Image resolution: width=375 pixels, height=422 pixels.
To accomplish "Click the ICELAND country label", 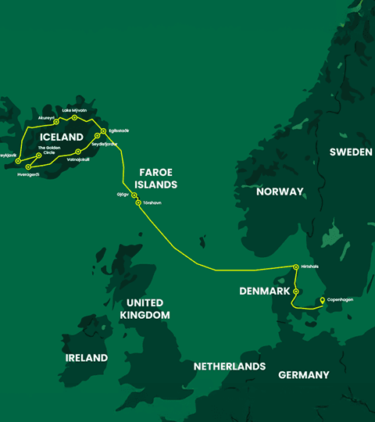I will [61, 137].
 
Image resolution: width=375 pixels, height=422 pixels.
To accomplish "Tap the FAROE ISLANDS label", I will [158, 177].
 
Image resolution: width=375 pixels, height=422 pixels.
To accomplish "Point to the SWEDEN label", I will [350, 152].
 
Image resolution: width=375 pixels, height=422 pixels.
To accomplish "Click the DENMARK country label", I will [266, 291].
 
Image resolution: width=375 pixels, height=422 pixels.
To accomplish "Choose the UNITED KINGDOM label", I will [145, 309].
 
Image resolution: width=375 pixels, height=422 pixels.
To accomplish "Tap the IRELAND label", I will [86, 358].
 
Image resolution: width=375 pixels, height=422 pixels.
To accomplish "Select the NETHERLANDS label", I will [230, 367].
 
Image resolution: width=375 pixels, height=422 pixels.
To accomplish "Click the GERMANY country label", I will [304, 375].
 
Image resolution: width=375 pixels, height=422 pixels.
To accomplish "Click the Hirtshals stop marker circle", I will [295, 267].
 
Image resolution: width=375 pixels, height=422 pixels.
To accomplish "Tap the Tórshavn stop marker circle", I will [138, 203].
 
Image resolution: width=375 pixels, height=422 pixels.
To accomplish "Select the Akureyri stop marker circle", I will [56, 122].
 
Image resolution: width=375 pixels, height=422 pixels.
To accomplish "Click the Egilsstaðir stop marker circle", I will [103, 131].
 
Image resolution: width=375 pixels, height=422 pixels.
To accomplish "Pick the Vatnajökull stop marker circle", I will [78, 151].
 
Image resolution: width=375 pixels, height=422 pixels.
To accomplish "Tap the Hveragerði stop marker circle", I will [28, 166].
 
